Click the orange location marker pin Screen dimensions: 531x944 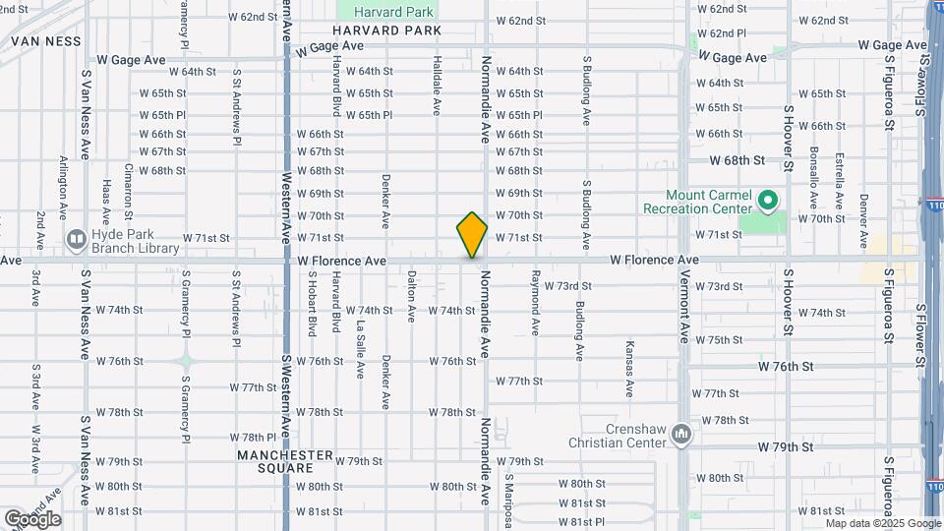(472, 235)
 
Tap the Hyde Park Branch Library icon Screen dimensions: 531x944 (76, 239)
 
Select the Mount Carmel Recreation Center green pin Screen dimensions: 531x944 (768, 203)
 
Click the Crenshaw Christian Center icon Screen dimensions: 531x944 (683, 433)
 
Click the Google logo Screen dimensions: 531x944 (31, 518)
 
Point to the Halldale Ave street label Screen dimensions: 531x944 (437, 86)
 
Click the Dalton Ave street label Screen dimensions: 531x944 (411, 293)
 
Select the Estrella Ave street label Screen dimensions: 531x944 (839, 179)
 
